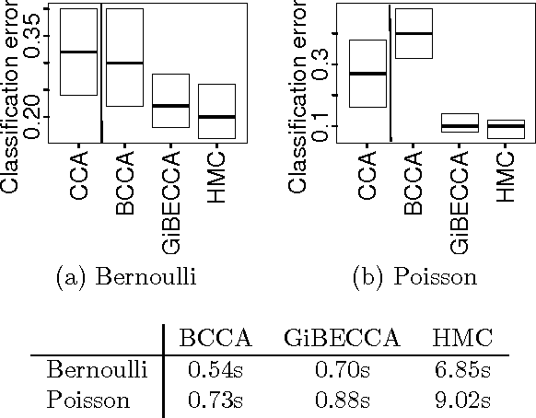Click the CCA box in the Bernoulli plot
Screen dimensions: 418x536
tap(78, 52)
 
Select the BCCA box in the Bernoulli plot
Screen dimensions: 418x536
tap(124, 57)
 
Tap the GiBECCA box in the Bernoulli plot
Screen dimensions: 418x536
tap(170, 100)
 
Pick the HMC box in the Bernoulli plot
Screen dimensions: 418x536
tap(217, 110)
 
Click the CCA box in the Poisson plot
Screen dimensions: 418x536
tap(367, 74)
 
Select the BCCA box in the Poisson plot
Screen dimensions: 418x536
tap(414, 34)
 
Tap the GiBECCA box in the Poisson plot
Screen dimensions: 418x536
tap(460, 123)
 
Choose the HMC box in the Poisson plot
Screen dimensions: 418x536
tap(506, 129)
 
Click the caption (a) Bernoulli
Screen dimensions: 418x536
tap(125, 276)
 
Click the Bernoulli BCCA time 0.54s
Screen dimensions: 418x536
tap(214, 370)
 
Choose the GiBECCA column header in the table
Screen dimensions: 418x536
tap(341, 338)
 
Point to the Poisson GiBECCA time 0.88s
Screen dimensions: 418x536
tap(341, 401)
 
